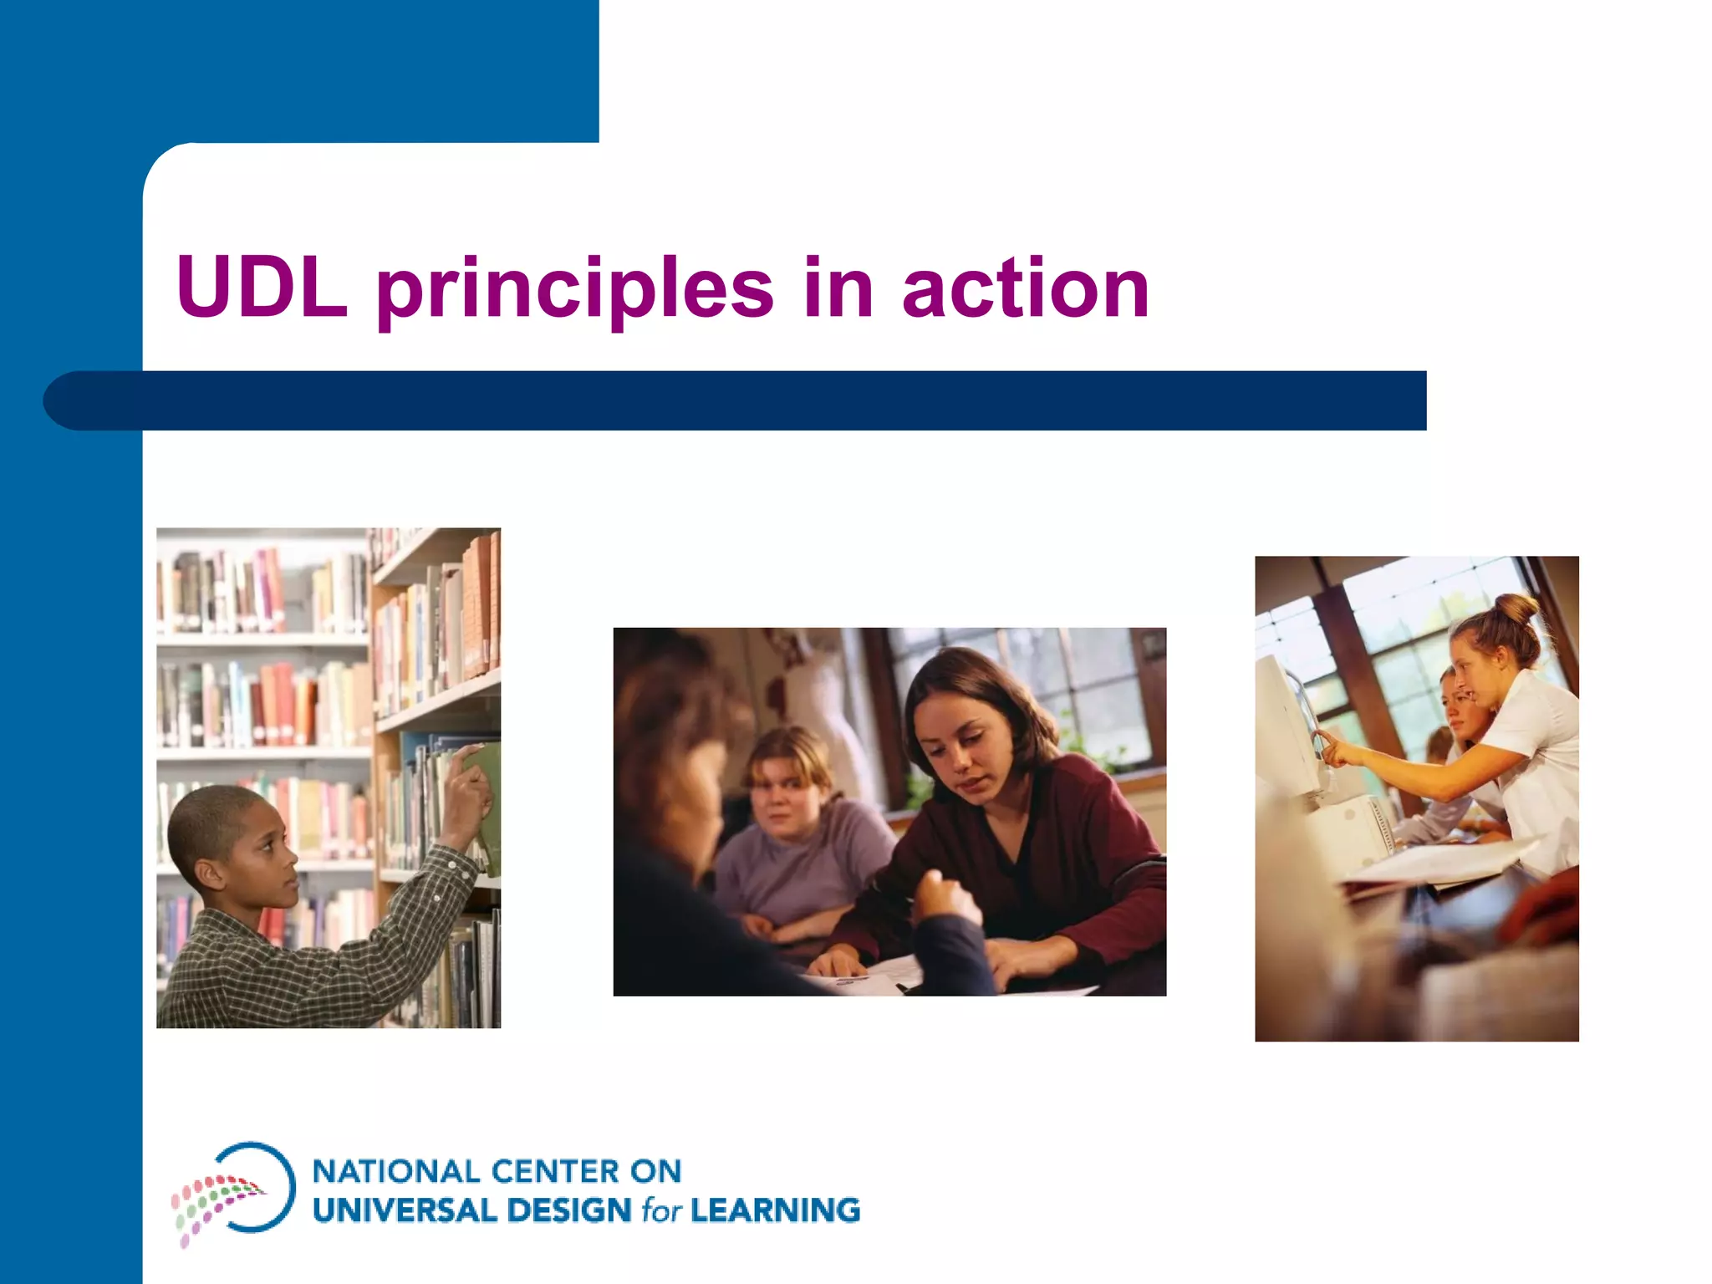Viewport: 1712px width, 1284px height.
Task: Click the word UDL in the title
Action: click(261, 288)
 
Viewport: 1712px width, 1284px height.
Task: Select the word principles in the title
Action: click(575, 291)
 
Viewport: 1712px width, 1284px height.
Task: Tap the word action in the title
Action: click(1025, 288)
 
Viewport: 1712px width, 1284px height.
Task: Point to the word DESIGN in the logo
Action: click(568, 1210)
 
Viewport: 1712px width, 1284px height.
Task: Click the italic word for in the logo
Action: click(661, 1210)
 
